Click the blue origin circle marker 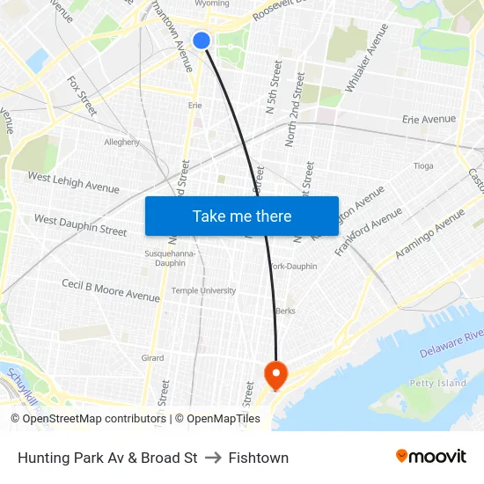202,40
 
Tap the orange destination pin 275,375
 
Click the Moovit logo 431,457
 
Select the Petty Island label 437,383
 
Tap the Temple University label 203,290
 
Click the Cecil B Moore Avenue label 111,290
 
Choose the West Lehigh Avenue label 73,182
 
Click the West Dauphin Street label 80,225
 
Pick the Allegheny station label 122,142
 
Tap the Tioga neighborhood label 423,165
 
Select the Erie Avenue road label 429,119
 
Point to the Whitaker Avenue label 367,58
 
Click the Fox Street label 82,95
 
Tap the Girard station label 152,358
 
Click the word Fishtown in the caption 258,458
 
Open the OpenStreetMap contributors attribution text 94,419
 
